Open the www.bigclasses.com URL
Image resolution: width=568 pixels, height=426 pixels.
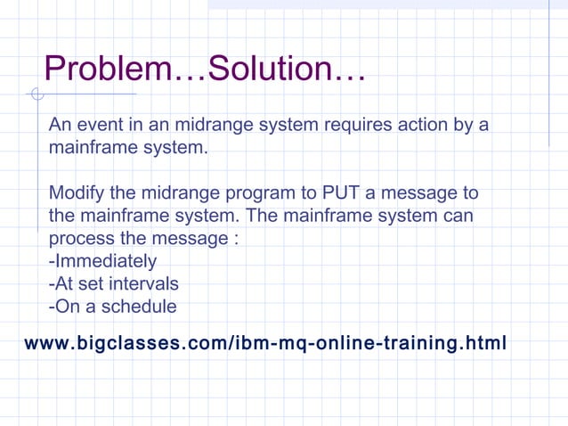click(x=265, y=343)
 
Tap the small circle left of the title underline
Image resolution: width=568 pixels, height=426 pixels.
click(x=36, y=94)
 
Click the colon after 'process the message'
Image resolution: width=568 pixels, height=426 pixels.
click(x=235, y=240)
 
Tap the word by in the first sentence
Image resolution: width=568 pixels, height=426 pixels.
click(x=465, y=125)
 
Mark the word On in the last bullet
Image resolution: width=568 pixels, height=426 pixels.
click(x=64, y=307)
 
